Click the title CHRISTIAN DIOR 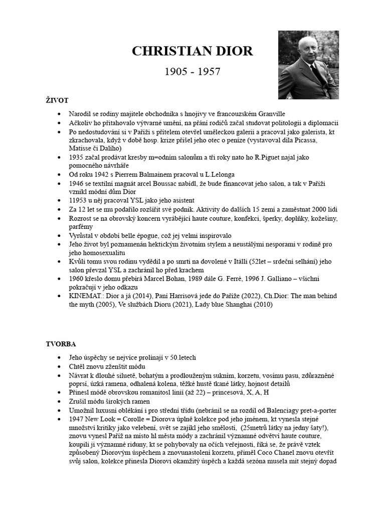[x=192, y=51]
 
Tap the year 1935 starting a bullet [x=78, y=157]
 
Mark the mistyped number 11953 [x=80, y=201]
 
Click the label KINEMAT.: [x=89, y=296]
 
